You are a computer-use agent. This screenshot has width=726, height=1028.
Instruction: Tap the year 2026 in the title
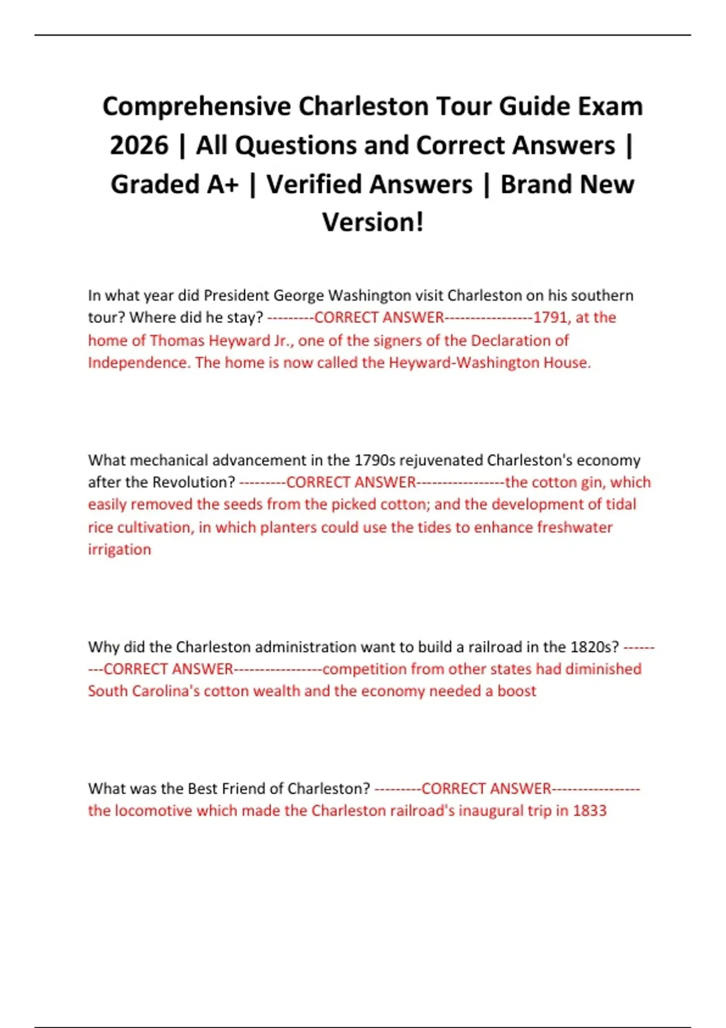(139, 146)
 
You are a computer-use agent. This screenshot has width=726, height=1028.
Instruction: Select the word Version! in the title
(373, 223)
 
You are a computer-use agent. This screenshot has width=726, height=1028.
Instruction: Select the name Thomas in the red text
(177, 340)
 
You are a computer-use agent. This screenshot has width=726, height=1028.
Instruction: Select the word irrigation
(119, 550)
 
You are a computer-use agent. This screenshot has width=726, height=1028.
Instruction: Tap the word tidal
(619, 504)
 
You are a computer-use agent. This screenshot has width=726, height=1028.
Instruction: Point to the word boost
(517, 691)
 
